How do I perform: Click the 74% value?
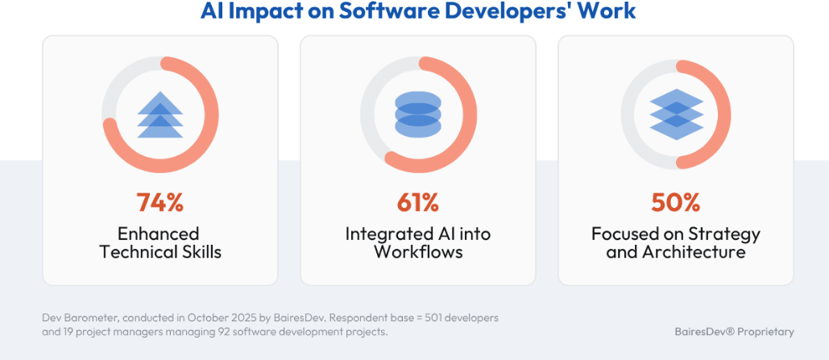(x=160, y=202)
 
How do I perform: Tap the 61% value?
(x=417, y=202)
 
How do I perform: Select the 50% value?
(x=675, y=202)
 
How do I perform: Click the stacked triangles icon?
(x=160, y=115)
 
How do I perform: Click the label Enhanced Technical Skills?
(x=160, y=242)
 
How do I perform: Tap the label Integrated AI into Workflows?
(x=417, y=242)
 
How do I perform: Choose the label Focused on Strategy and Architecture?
(x=675, y=242)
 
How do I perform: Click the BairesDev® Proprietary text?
(x=734, y=332)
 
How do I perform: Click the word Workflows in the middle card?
(x=417, y=252)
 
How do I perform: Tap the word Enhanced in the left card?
(x=159, y=234)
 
